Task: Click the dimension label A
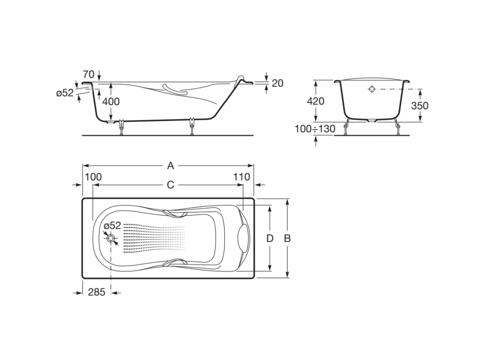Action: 171,165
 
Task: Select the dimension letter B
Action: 287,238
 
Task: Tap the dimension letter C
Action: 171,185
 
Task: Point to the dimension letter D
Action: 270,238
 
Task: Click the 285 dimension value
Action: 97,292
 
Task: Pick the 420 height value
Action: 315,101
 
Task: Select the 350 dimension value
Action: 420,105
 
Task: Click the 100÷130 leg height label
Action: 315,129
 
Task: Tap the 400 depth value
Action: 111,101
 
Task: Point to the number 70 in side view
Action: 89,75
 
